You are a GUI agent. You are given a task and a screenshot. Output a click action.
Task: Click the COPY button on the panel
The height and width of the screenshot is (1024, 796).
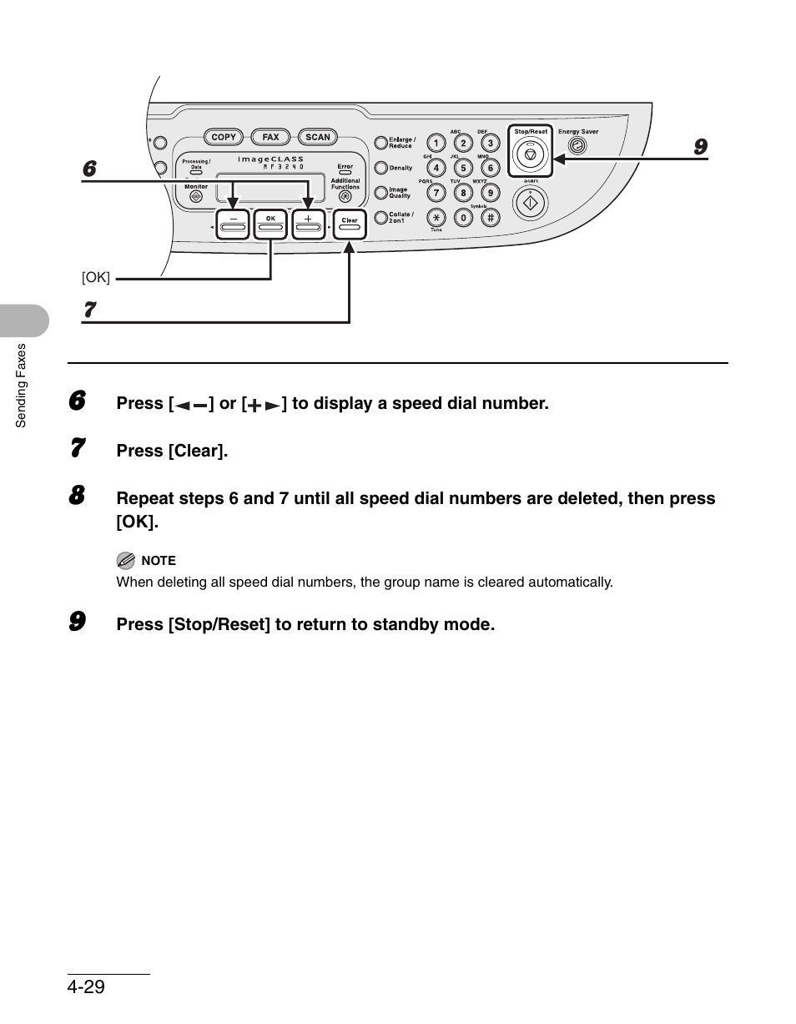click(224, 137)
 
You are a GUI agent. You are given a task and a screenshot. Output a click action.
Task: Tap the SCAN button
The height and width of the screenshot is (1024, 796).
click(318, 137)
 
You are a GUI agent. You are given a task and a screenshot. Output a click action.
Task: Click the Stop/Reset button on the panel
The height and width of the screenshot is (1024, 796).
click(531, 154)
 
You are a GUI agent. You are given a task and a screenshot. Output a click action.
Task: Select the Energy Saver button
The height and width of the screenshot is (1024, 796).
click(577, 145)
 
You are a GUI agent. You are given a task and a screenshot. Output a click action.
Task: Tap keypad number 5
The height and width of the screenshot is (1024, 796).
click(463, 168)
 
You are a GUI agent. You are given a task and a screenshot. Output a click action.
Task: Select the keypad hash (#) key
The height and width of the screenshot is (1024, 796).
click(491, 218)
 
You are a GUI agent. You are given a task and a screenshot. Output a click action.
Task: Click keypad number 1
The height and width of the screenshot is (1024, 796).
click(436, 144)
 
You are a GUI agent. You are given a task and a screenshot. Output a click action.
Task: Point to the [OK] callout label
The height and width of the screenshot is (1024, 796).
click(96, 276)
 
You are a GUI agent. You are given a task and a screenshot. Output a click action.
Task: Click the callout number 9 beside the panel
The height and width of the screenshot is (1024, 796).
click(701, 147)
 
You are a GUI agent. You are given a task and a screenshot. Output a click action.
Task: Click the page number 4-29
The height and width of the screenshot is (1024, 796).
click(87, 986)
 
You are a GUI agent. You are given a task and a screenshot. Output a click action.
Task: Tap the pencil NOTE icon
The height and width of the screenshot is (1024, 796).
click(125, 560)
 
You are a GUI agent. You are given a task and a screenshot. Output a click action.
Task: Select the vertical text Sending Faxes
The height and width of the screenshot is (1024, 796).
click(22, 386)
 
